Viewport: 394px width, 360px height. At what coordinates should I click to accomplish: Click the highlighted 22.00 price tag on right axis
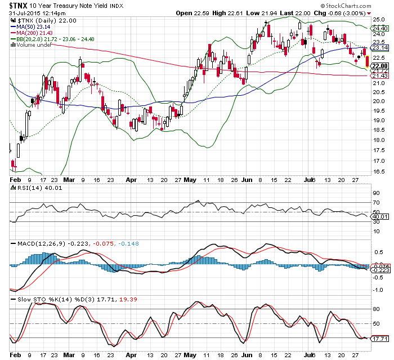(379, 66)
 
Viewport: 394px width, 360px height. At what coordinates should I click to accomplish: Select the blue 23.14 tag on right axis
(379, 47)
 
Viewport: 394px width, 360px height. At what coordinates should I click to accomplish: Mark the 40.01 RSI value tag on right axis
(379, 216)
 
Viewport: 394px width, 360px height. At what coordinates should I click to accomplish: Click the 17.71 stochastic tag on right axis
(379, 339)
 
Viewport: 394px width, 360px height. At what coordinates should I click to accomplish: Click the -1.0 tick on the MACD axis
(377, 289)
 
